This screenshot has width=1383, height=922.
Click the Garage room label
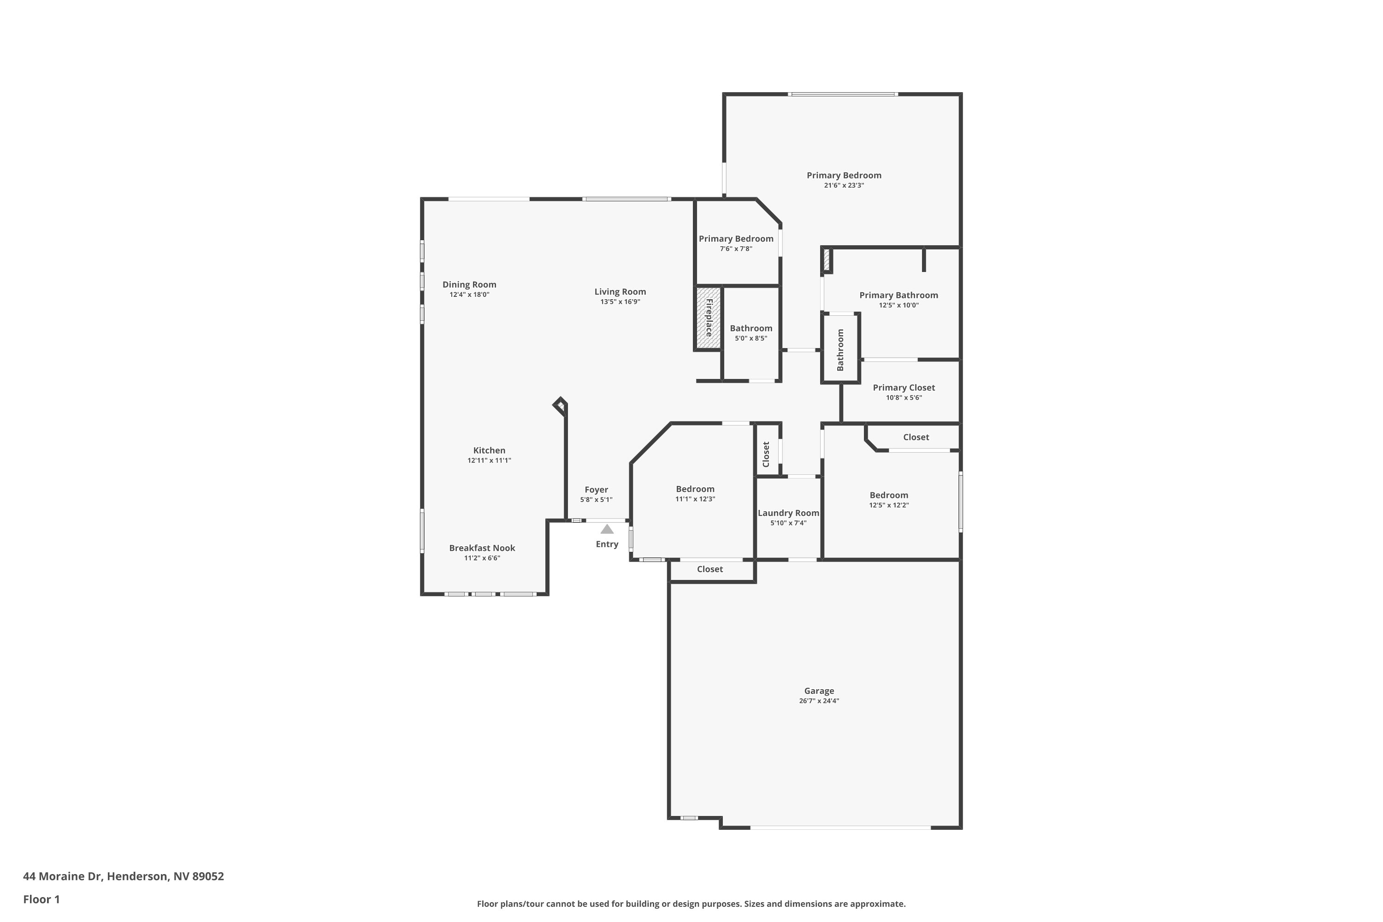coord(819,691)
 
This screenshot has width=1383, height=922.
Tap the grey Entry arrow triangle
coord(607,529)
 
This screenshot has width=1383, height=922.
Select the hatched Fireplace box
coord(709,318)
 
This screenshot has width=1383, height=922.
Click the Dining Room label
coord(469,284)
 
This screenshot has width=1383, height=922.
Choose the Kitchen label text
coord(489,450)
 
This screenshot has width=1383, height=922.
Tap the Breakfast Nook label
coord(482,548)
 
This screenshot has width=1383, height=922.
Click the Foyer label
coord(596,490)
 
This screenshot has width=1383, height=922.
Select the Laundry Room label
coord(788,514)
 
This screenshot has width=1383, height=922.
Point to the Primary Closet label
coord(904,388)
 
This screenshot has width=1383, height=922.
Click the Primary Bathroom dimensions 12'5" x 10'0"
coord(898,306)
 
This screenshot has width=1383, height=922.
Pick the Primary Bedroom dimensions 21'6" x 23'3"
coord(844,186)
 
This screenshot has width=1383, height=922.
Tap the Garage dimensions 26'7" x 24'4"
coord(819,701)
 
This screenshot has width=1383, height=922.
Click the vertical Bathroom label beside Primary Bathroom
coord(840,350)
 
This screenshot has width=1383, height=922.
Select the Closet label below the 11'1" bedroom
coord(710,569)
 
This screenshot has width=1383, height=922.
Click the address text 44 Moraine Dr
coord(63,876)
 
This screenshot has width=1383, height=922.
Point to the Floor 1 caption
coord(41,899)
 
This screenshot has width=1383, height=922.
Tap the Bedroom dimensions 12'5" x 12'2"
coord(889,506)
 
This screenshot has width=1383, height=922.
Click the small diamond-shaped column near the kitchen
coord(561,405)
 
